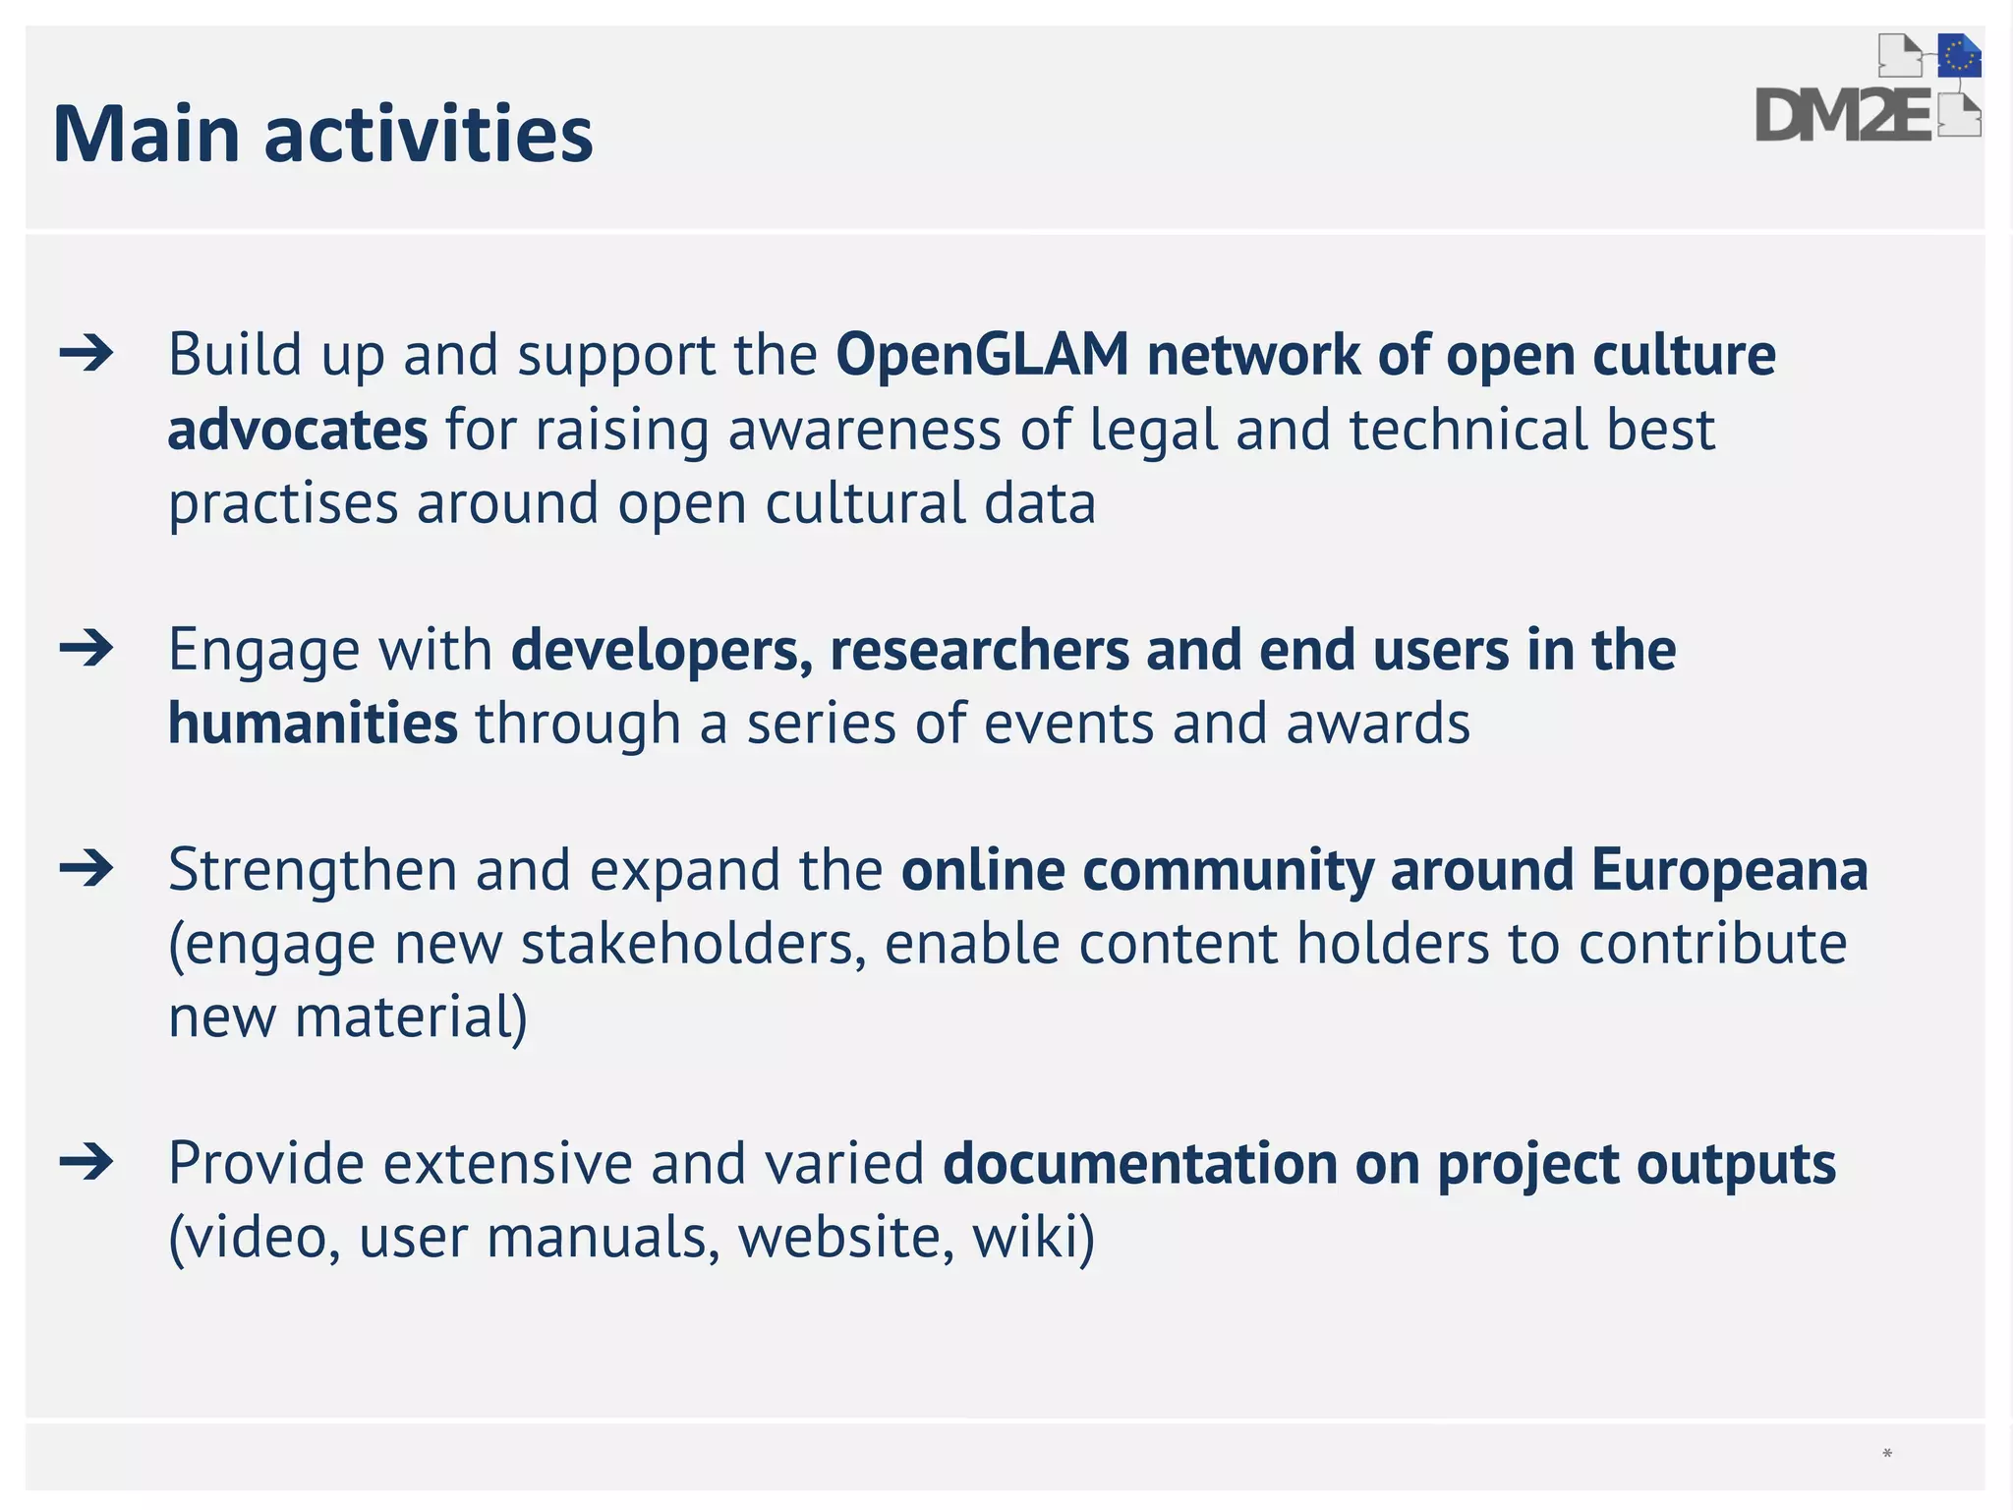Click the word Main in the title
pos(146,134)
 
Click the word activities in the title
pos(429,134)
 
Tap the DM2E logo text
pos(1842,117)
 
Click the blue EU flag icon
pos(1959,56)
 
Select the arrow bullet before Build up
pos(86,354)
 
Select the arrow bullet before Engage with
pos(86,649)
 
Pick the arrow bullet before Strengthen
pos(86,869)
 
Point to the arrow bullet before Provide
pos(86,1163)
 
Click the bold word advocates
pos(298,430)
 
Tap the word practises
pos(283,503)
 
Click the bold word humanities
pos(313,724)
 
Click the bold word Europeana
pos(1729,870)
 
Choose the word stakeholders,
pos(693,944)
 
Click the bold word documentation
pos(1139,1164)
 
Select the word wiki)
pos(1033,1237)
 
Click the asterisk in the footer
pos(1887,1454)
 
